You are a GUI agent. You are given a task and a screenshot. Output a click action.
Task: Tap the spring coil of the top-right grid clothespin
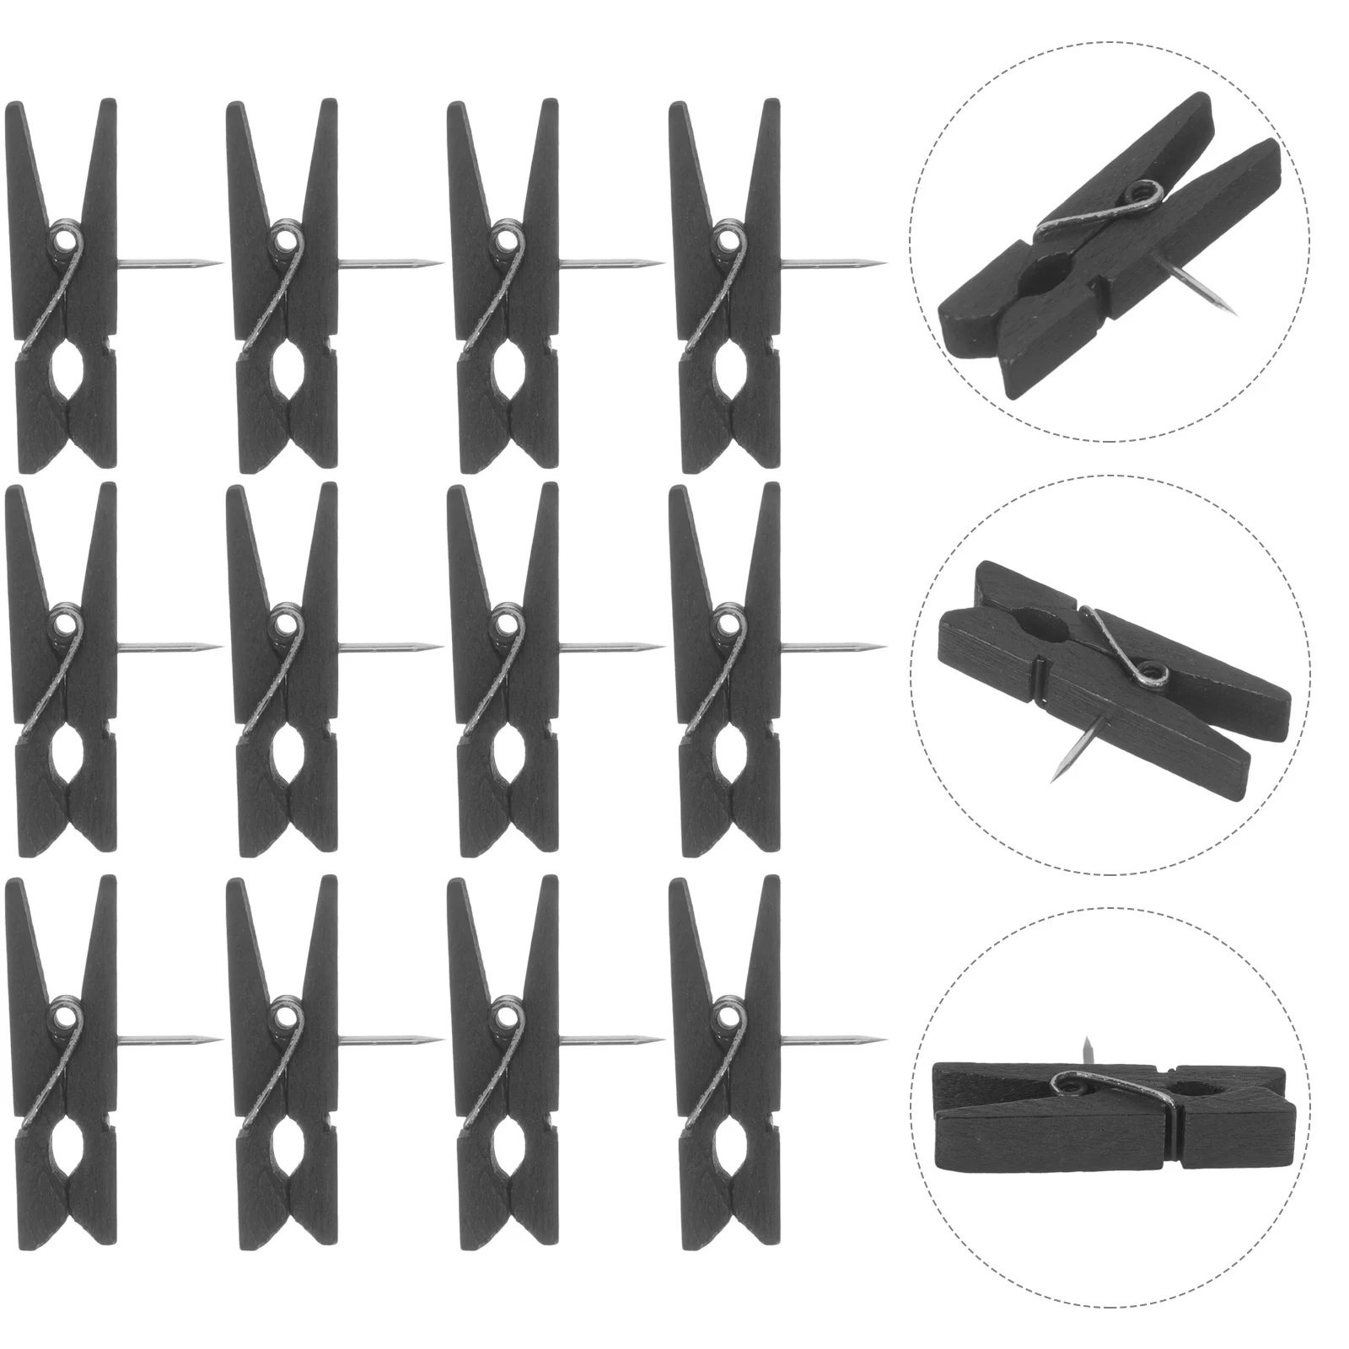pos(726,244)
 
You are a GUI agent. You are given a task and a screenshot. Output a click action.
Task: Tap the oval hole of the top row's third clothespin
pos(504,391)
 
